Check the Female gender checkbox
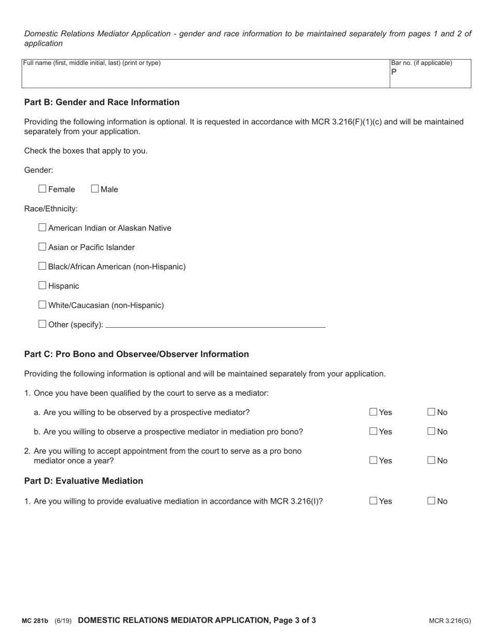coord(43,189)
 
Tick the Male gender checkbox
coord(95,189)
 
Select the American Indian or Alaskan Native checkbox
coord(43,227)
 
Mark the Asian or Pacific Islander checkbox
coord(43,247)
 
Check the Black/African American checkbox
coord(43,266)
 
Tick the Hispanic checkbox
coord(43,285)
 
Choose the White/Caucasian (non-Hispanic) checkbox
coord(43,304)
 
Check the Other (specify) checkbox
coord(43,324)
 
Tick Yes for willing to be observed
coord(374,412)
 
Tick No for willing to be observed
coord(432,412)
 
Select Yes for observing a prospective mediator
coord(374,432)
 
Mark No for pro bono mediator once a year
coord(432,460)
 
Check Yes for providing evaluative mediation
coord(374,501)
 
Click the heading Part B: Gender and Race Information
coord(102,102)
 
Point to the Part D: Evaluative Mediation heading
coord(84,481)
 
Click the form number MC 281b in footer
coord(35,621)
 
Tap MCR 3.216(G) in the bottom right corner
coord(450,621)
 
